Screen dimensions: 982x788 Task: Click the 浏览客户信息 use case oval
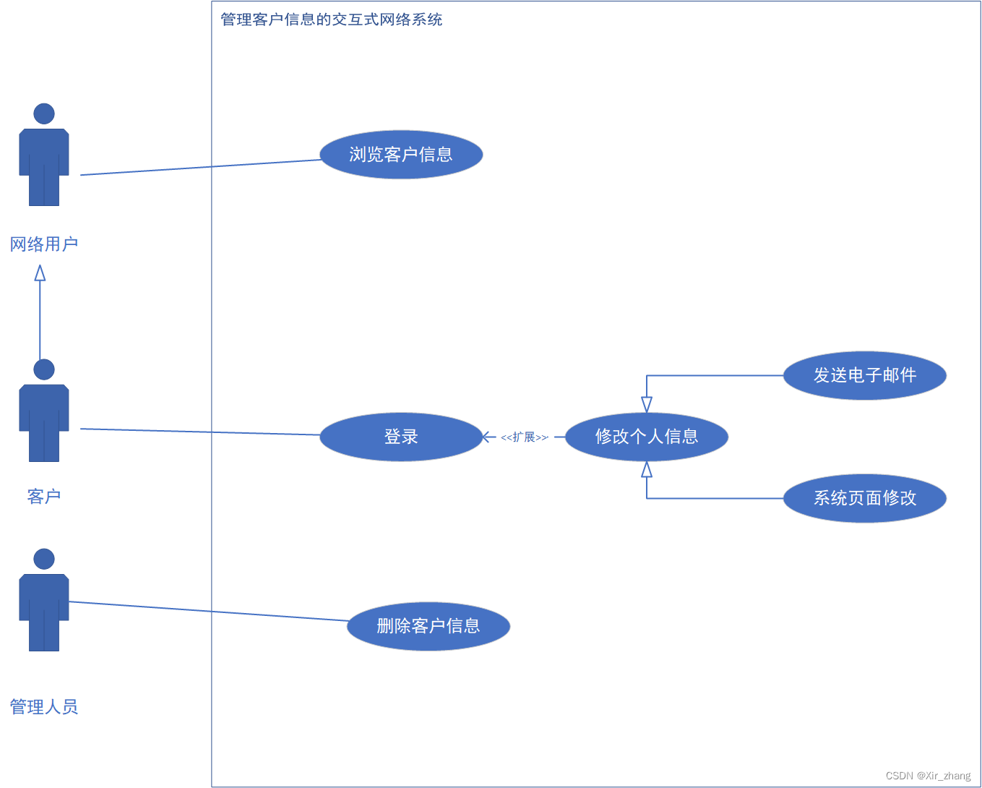(x=401, y=155)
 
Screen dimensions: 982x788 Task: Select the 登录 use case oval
(x=401, y=437)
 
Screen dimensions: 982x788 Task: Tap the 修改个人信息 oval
(x=646, y=437)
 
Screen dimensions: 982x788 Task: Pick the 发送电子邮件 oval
(x=864, y=375)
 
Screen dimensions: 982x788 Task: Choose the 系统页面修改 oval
(x=864, y=498)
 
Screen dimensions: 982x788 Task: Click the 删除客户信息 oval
(x=428, y=626)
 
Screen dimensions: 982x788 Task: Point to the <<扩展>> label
(x=525, y=437)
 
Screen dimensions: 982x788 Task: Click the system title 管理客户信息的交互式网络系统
(x=331, y=20)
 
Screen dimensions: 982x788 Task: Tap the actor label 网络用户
(x=44, y=244)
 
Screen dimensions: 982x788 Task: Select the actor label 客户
(x=44, y=497)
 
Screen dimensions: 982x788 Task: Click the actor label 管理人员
(x=44, y=707)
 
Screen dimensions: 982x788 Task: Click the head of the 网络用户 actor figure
(x=44, y=114)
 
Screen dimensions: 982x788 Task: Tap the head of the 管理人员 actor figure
(x=44, y=559)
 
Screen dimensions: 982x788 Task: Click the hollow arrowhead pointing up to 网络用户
(x=40, y=273)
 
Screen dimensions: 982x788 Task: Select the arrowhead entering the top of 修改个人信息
(x=647, y=404)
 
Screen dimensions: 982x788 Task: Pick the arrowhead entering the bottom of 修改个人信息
(x=647, y=470)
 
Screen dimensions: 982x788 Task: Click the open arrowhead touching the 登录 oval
(x=488, y=437)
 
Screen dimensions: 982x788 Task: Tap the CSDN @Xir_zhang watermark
(x=928, y=776)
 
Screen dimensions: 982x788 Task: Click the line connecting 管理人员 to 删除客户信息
(x=210, y=612)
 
